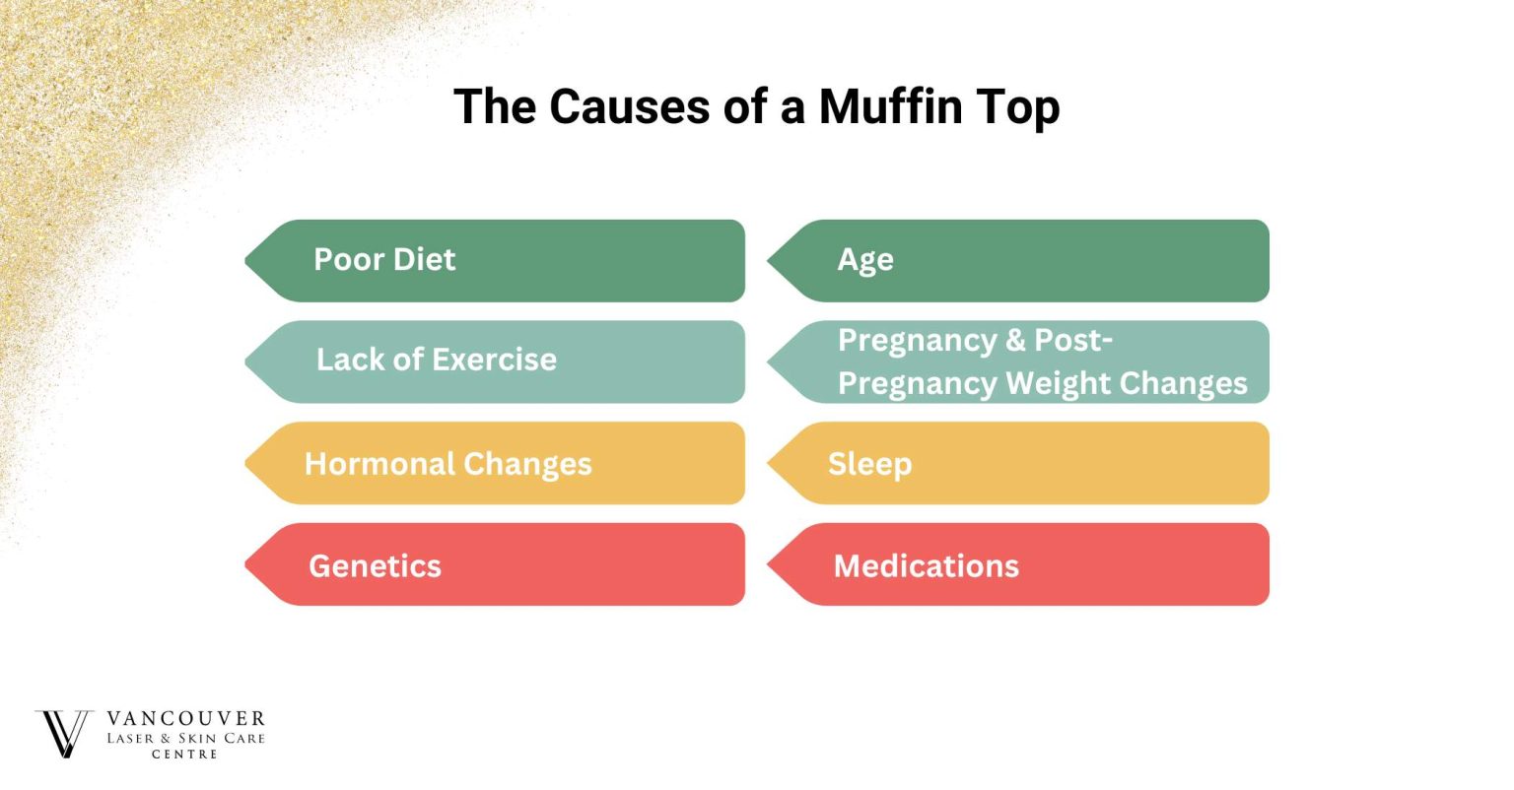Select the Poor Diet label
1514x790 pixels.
click(384, 260)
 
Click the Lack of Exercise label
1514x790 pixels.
click(436, 361)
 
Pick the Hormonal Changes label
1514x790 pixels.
click(447, 464)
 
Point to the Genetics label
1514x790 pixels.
click(375, 566)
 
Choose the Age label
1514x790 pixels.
click(865, 260)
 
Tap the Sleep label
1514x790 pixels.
click(869, 464)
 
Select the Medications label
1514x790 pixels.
click(926, 566)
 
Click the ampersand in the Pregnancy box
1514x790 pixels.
click(1015, 341)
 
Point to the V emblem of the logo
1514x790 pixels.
click(63, 734)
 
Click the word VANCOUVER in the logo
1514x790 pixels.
click(185, 719)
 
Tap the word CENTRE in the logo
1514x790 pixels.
click(184, 755)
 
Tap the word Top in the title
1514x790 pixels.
click(1018, 106)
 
